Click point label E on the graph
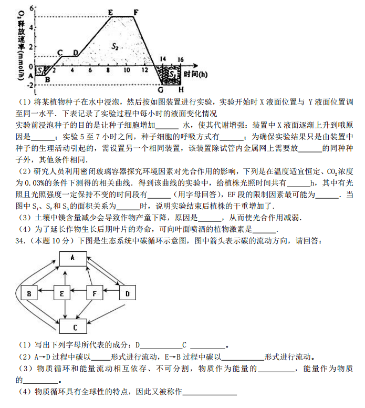click(110, 12)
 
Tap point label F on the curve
click(135, 12)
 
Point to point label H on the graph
click(181, 89)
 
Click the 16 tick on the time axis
click(180, 59)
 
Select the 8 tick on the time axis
click(108, 70)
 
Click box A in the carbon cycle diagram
click(72, 258)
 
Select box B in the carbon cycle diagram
click(29, 293)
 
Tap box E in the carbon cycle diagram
click(62, 293)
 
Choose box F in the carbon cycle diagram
click(95, 293)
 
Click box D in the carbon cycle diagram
click(127, 293)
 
